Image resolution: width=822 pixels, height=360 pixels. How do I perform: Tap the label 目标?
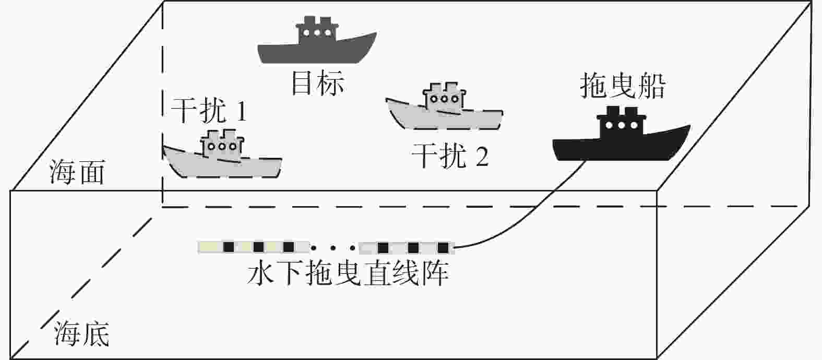318,83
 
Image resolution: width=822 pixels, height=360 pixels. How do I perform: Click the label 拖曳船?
623,86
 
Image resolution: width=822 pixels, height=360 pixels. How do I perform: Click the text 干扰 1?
209,111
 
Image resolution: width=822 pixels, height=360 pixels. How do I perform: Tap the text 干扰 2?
450,156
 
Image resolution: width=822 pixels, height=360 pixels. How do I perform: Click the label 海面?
77,172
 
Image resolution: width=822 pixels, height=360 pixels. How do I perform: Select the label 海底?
82,333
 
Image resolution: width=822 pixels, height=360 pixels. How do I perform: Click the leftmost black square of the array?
229,247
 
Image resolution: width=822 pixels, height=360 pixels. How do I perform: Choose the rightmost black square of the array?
443,248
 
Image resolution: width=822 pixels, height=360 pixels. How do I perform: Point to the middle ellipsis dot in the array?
333,248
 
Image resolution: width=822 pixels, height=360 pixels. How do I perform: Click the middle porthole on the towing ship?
621,126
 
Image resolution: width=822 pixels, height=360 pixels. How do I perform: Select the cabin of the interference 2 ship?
444,97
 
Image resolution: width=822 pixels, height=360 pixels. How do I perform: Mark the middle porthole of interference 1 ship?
222,147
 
